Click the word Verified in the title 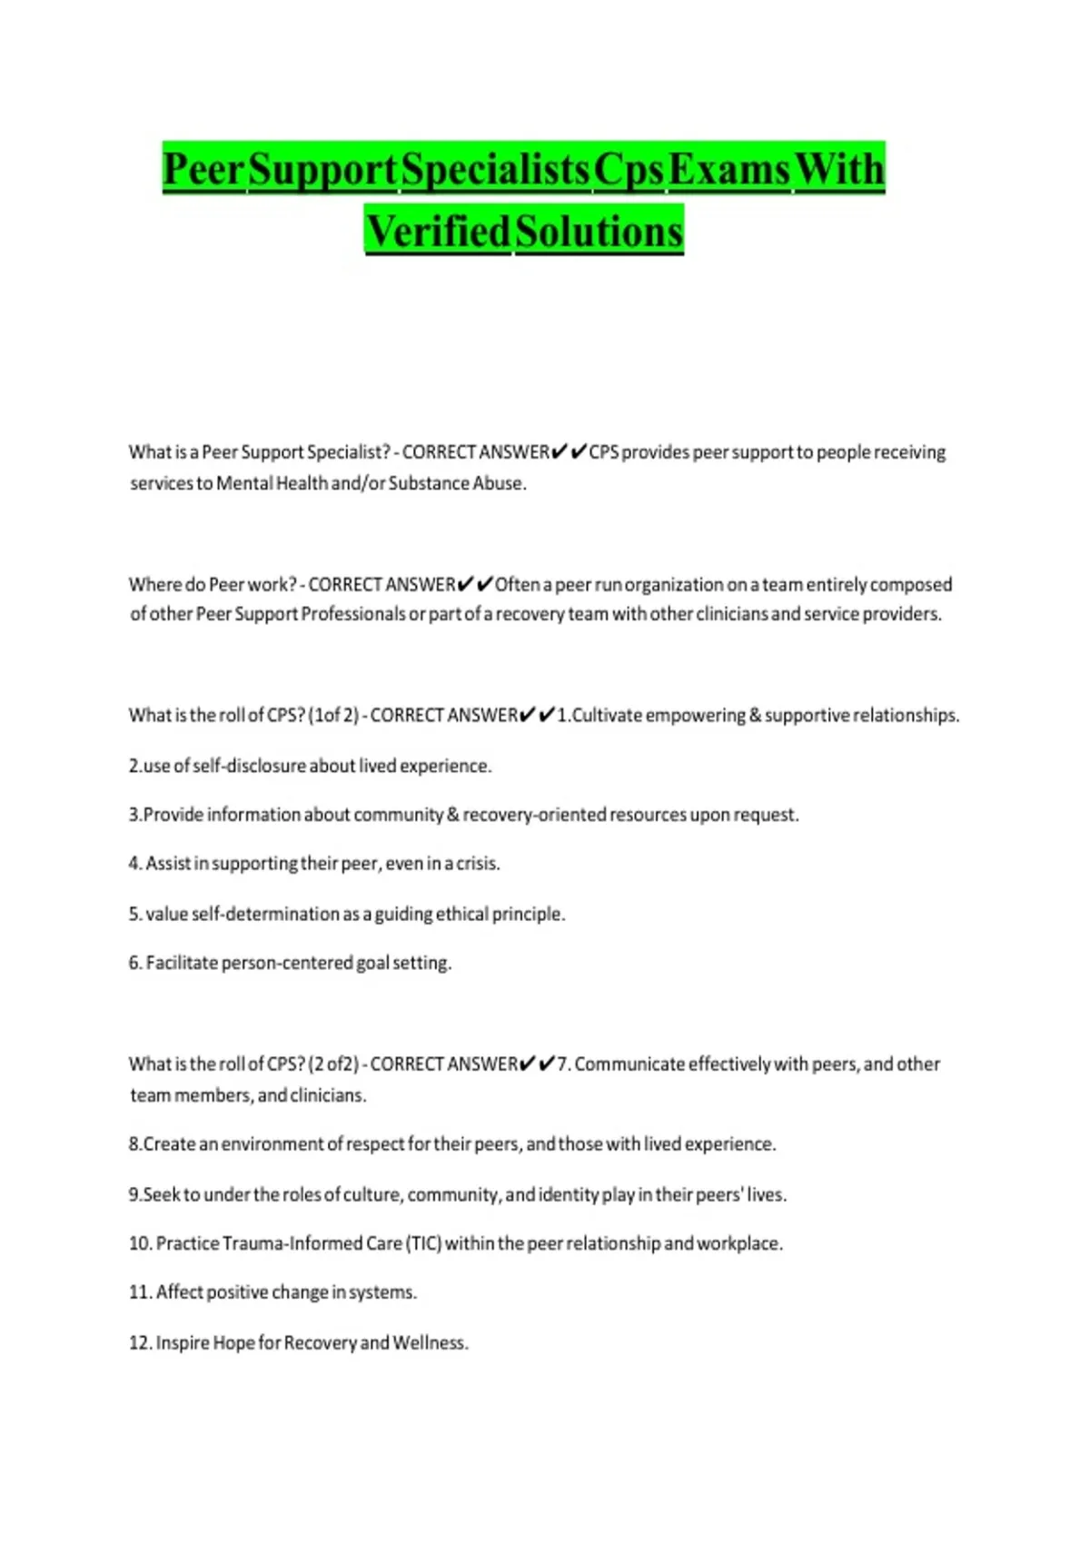(x=438, y=231)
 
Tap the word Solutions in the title (x=599, y=231)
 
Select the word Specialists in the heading (x=495, y=169)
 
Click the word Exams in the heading (x=728, y=169)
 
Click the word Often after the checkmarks (x=517, y=584)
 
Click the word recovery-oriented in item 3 (x=534, y=815)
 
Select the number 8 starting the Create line (x=134, y=1144)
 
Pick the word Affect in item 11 (x=179, y=1292)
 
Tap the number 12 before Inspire (x=139, y=1342)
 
